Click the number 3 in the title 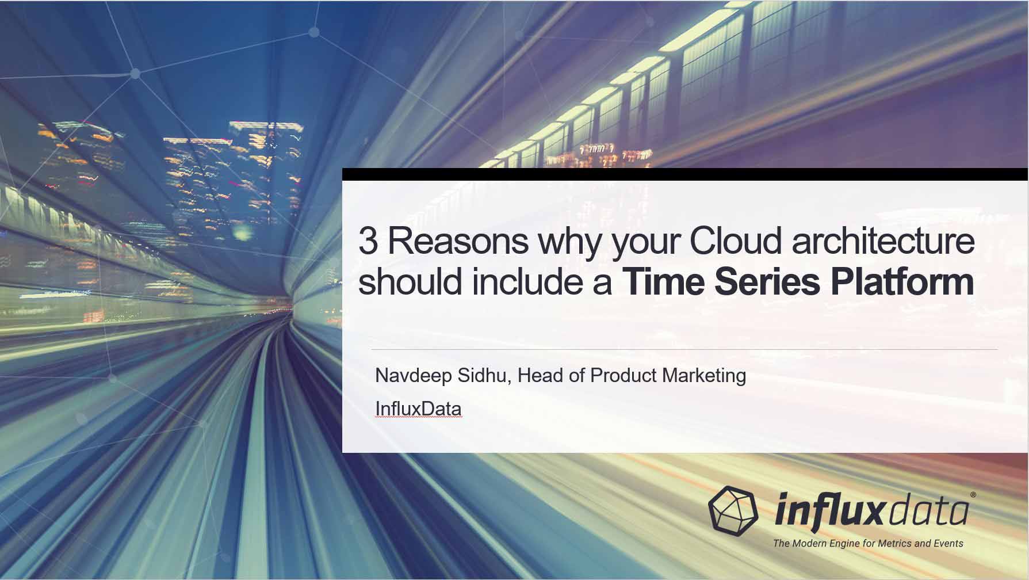pos(368,242)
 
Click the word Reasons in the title pos(458,242)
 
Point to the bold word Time pos(663,282)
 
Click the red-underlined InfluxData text pos(418,409)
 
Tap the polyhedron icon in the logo pos(734,509)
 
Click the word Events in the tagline pos(947,543)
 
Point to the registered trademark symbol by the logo pos(973,494)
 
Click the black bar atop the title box pos(684,174)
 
